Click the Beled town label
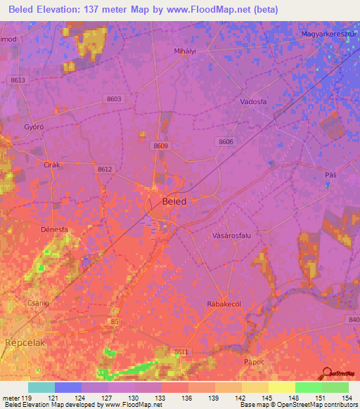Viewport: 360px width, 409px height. click(174, 201)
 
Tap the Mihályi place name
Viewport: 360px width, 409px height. click(184, 51)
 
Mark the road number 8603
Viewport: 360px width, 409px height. click(114, 100)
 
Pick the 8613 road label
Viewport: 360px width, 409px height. click(18, 81)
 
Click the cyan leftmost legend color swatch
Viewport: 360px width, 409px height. click(41, 387)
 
